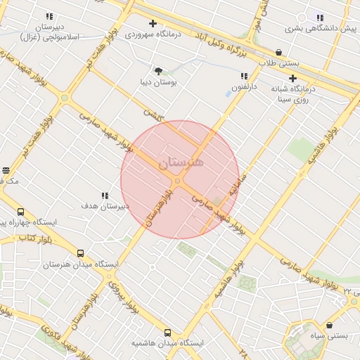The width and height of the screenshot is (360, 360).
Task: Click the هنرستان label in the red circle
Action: coord(181,162)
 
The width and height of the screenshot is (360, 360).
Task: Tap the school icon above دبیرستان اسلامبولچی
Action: coord(49,15)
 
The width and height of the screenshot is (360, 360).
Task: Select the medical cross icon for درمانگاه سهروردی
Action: coord(152,23)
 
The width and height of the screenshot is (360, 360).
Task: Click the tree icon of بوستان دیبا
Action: coord(158,71)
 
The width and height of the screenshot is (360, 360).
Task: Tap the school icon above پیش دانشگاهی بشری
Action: coord(320,18)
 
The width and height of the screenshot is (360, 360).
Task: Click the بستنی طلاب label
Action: coord(280,63)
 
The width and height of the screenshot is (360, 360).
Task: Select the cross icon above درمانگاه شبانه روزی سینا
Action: coord(292,79)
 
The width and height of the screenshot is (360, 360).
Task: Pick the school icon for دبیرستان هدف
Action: coord(104,195)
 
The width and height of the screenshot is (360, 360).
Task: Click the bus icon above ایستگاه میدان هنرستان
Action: coord(80,253)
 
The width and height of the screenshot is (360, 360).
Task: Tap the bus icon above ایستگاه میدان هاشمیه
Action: coord(167,332)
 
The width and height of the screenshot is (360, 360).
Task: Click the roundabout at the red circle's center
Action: coord(178,181)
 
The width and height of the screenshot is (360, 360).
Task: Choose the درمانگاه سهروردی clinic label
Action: coord(153,34)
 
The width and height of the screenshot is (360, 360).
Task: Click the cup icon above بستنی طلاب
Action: coord(279,52)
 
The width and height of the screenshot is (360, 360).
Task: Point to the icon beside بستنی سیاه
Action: coord(330,326)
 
